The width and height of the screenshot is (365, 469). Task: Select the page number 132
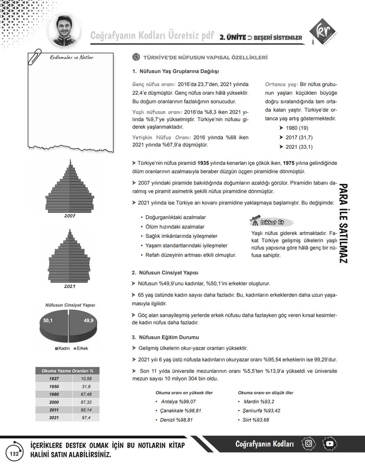(x=14, y=454)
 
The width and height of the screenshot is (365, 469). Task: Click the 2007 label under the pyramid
(x=70, y=216)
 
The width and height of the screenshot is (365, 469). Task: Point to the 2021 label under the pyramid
(x=70, y=286)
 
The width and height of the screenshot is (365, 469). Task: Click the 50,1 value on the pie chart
(x=48, y=320)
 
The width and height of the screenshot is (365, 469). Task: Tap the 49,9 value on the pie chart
(x=89, y=320)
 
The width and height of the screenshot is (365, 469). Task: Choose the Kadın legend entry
(x=62, y=348)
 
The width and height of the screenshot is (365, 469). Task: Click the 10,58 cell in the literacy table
(x=86, y=379)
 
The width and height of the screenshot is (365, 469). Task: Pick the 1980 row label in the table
(x=54, y=394)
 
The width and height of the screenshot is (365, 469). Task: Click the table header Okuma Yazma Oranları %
(x=67, y=371)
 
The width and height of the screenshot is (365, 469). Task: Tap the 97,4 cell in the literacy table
(x=86, y=418)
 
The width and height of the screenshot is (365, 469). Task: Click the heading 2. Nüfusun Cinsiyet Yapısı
(x=165, y=273)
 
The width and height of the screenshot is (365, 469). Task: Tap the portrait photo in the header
(x=64, y=30)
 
